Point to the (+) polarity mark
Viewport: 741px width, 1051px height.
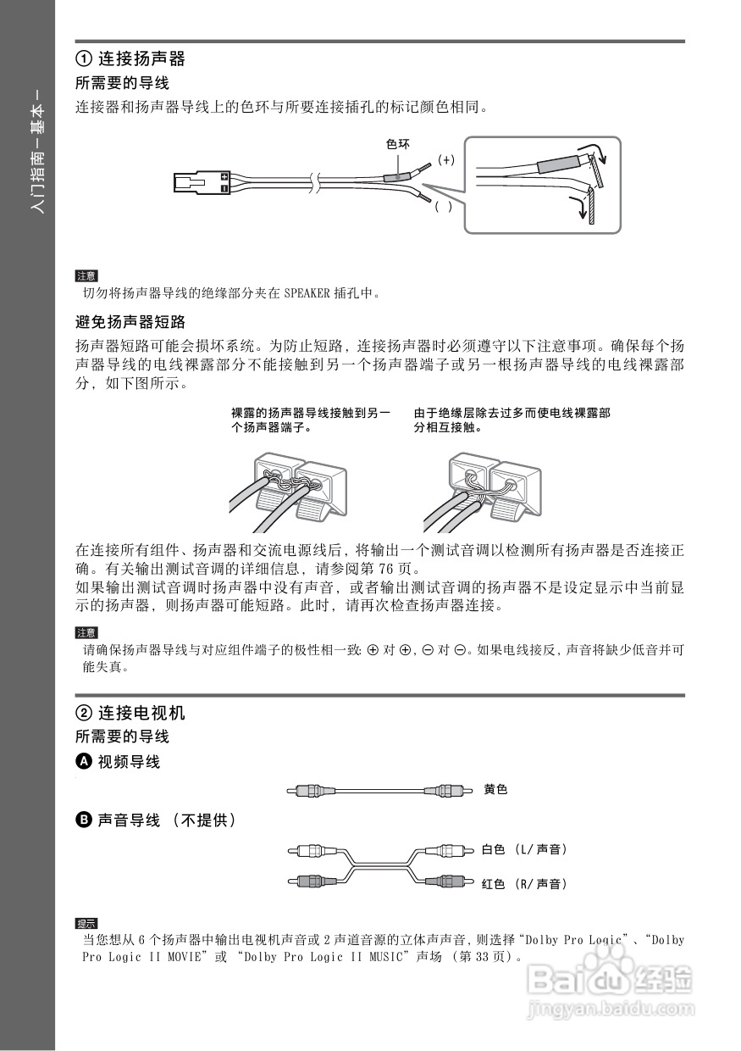(x=446, y=159)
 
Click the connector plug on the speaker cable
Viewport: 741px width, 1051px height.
(x=202, y=182)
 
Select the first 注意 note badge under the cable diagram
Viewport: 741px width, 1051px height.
(x=86, y=275)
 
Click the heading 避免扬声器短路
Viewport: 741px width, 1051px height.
(x=130, y=323)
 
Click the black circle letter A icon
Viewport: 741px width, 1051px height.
(x=83, y=762)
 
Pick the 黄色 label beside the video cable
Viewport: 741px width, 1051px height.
(x=495, y=790)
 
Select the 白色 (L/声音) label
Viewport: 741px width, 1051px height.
(x=524, y=849)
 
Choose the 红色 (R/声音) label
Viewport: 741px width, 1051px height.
(x=524, y=884)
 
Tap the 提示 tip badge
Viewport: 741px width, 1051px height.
(x=86, y=923)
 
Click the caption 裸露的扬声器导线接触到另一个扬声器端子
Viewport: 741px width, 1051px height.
(x=311, y=420)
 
